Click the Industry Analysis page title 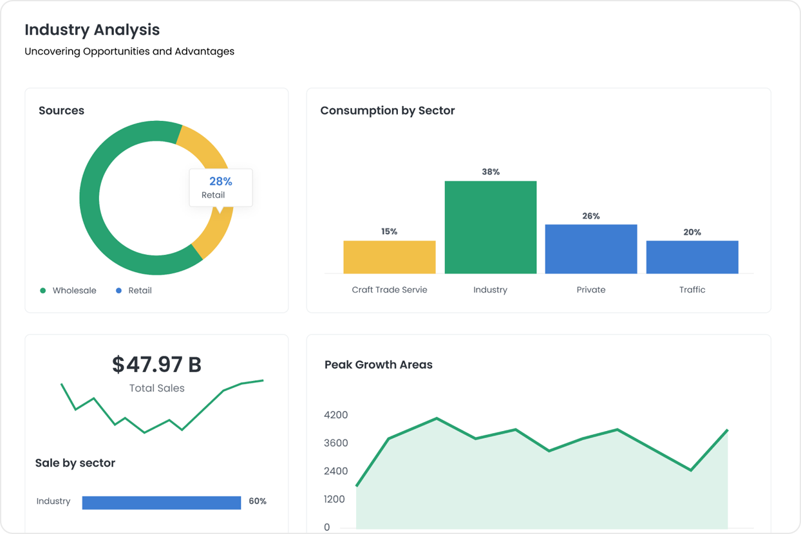coord(92,30)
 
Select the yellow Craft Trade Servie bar coord(390,257)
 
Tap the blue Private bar coord(591,249)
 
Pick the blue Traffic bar coord(692,257)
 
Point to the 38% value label coord(491,172)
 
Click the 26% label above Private coord(591,216)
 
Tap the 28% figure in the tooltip coord(220,181)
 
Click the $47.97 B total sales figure coord(156,365)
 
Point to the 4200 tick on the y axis coord(336,415)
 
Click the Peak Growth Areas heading coord(378,365)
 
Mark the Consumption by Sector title coord(387,111)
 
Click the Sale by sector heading coord(75,463)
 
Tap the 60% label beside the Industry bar coord(258,501)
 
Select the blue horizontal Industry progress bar coord(162,502)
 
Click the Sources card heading coord(61,111)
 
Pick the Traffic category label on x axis coord(692,290)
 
